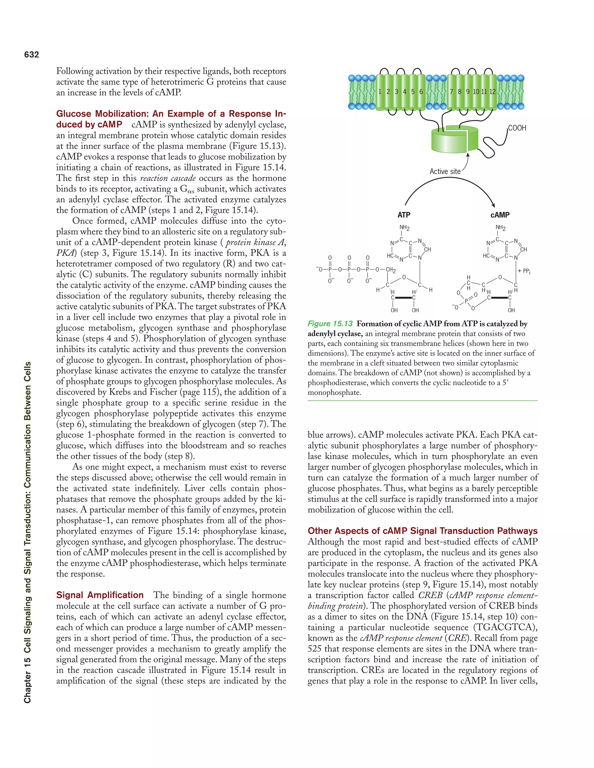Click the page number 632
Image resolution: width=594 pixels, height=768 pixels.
pyautogui.click(x=31, y=54)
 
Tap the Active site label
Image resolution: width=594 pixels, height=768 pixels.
pyautogui.click(x=445, y=172)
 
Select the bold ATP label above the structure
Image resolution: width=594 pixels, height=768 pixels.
pyautogui.click(x=404, y=215)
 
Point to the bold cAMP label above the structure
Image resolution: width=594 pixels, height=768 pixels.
pyautogui.click(x=500, y=215)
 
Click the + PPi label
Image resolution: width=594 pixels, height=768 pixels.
pyautogui.click(x=524, y=271)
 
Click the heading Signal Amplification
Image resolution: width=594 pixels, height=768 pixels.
pyautogui.click(x=100, y=595)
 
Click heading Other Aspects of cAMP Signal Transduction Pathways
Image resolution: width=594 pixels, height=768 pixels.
pyautogui.click(x=422, y=531)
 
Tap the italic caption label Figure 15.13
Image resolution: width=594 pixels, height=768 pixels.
pyautogui.click(x=330, y=324)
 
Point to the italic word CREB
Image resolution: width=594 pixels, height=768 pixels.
pyautogui.click(x=430, y=595)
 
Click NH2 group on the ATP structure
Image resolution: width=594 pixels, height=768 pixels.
pyautogui.click(x=404, y=228)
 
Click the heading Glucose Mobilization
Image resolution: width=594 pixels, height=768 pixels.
pyautogui.click(x=171, y=114)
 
